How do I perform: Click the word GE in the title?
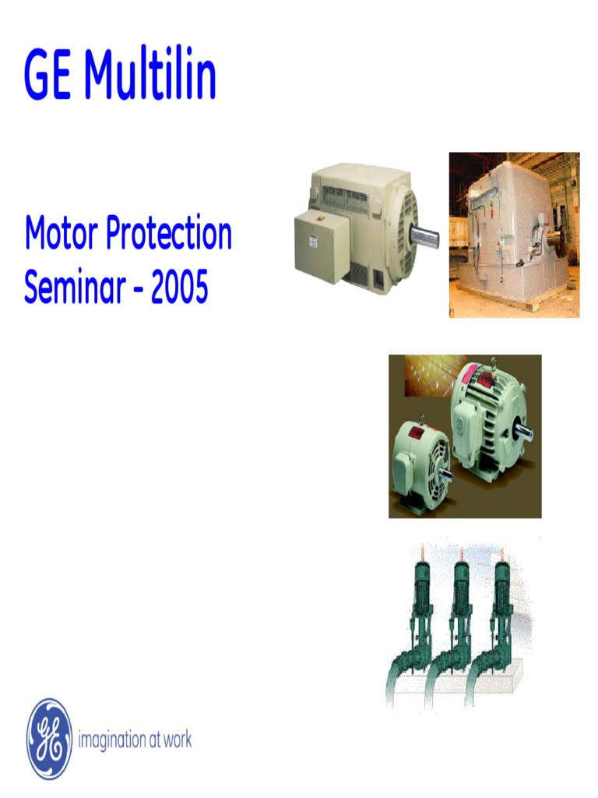pos(48,76)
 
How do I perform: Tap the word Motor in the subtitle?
pos(62,234)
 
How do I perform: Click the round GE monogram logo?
pos(49,739)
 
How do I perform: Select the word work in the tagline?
pos(174,739)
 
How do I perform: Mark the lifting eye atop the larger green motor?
pos(492,362)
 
